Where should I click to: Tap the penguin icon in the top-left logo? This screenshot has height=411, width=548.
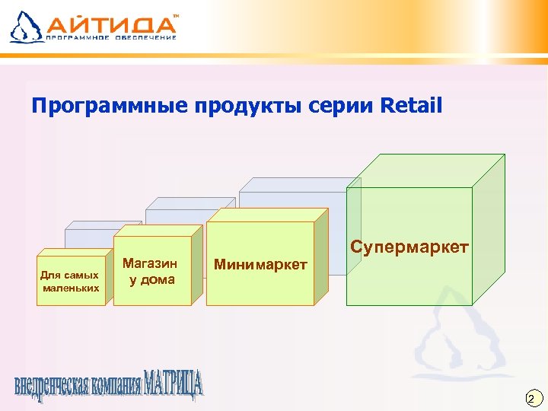tap(24, 26)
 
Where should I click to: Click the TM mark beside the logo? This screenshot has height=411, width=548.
tap(177, 15)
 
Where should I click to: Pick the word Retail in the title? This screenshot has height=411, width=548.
tap(412, 105)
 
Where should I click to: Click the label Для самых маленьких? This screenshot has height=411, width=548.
tap(70, 281)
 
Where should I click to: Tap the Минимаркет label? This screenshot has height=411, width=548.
tap(260, 265)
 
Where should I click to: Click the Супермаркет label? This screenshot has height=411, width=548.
tap(409, 248)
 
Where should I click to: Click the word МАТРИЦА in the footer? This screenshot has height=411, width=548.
tap(174, 384)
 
